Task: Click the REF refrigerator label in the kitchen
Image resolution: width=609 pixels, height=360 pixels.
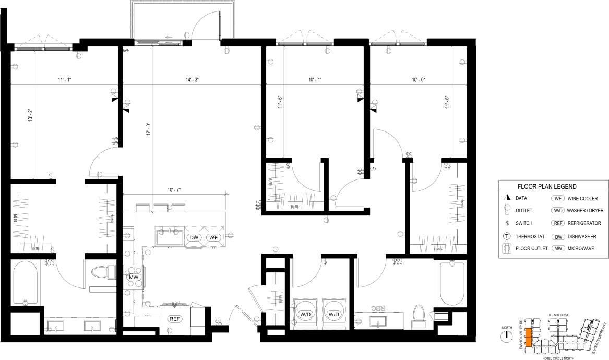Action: point(174,319)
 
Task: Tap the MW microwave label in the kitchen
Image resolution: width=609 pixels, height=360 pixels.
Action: point(133,277)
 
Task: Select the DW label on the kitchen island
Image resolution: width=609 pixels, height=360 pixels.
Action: point(194,238)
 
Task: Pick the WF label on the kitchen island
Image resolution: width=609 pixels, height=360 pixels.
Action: point(213,238)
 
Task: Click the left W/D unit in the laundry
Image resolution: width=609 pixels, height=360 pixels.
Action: point(305,314)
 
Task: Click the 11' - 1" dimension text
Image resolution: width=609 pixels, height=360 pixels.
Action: point(64,80)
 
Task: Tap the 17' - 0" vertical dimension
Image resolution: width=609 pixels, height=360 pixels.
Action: point(148,129)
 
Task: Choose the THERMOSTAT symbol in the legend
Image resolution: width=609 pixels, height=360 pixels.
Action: point(506,236)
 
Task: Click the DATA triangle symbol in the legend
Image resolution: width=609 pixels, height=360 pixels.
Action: point(506,198)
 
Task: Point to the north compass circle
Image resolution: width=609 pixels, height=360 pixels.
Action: point(505,336)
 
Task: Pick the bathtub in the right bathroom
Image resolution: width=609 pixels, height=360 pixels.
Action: point(452,284)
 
